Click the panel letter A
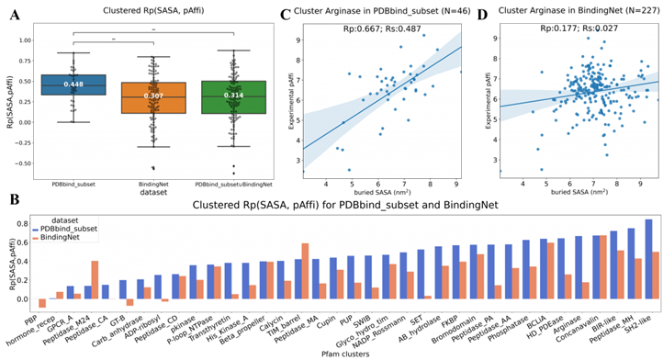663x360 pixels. [13, 12]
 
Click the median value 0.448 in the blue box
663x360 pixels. [73, 84]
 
